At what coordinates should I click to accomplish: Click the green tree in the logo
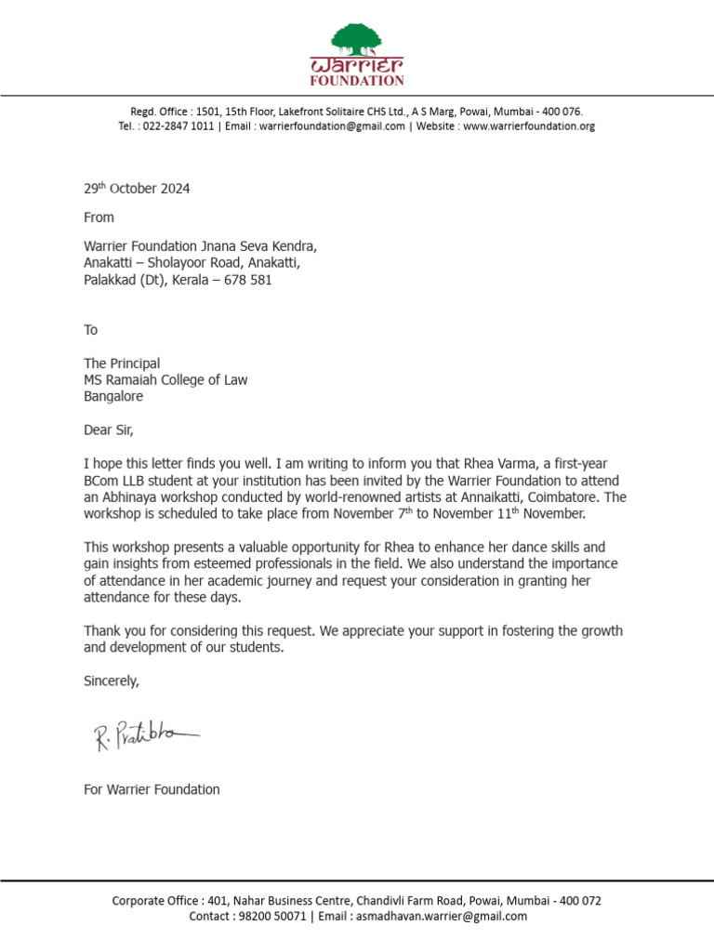(x=357, y=39)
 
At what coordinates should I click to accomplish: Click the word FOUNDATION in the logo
(x=357, y=81)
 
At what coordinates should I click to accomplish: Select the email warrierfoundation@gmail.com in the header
(x=332, y=126)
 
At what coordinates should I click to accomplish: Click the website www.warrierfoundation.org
(x=528, y=126)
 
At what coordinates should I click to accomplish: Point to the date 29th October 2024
(x=137, y=189)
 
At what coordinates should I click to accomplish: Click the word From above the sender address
(x=99, y=218)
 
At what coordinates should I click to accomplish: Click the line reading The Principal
(x=122, y=364)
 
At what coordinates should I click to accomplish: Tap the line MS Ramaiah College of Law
(x=165, y=379)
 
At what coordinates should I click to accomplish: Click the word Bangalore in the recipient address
(x=113, y=396)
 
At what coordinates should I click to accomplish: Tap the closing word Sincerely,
(x=112, y=681)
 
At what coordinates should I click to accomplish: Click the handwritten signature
(x=145, y=736)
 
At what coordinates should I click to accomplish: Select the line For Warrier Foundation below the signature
(x=152, y=789)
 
